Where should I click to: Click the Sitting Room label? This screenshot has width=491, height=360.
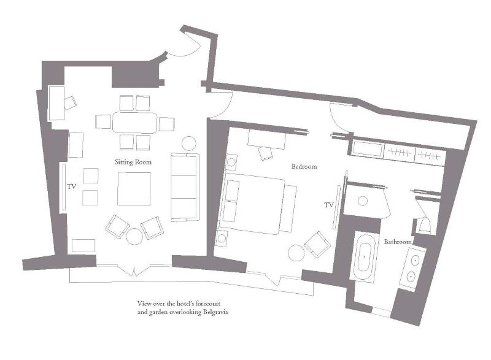click(133, 162)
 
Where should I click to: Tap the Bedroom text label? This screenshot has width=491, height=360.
click(304, 166)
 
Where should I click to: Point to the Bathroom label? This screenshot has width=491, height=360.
click(398, 242)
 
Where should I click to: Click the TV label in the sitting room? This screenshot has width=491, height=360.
click(71, 186)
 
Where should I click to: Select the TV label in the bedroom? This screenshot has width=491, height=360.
click(328, 205)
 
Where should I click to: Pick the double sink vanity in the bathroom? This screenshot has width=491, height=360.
click(413, 269)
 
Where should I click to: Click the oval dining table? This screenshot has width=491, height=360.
click(134, 122)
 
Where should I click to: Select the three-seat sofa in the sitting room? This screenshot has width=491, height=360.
click(185, 187)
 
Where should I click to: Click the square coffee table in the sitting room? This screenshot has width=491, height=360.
click(134, 189)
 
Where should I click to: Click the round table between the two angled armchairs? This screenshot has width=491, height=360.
click(134, 237)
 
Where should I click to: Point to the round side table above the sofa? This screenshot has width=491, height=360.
click(189, 144)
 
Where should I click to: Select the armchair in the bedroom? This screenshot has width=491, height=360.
click(317, 244)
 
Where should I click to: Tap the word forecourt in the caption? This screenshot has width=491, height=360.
click(208, 304)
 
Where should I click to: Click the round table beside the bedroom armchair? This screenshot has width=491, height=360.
click(296, 253)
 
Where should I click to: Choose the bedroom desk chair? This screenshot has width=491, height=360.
click(266, 153)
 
